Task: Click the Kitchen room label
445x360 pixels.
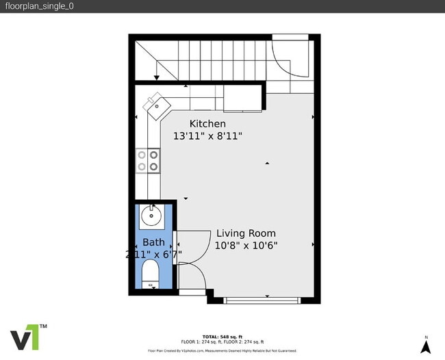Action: coord(207,123)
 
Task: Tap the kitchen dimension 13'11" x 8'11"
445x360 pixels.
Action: coord(207,136)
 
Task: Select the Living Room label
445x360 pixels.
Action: coord(246,233)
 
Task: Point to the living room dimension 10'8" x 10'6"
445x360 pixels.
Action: coord(246,245)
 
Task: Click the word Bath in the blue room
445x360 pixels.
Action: coord(153,242)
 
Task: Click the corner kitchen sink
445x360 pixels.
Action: coord(155,104)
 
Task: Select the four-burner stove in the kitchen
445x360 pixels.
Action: coord(148,160)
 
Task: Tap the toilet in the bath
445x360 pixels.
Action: coord(150,277)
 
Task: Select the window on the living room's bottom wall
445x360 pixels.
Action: coord(262,299)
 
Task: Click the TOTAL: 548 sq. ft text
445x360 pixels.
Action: coord(222,336)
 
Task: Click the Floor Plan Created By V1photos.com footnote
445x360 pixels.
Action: coord(222,350)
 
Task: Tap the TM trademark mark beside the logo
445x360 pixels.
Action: coord(43,326)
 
